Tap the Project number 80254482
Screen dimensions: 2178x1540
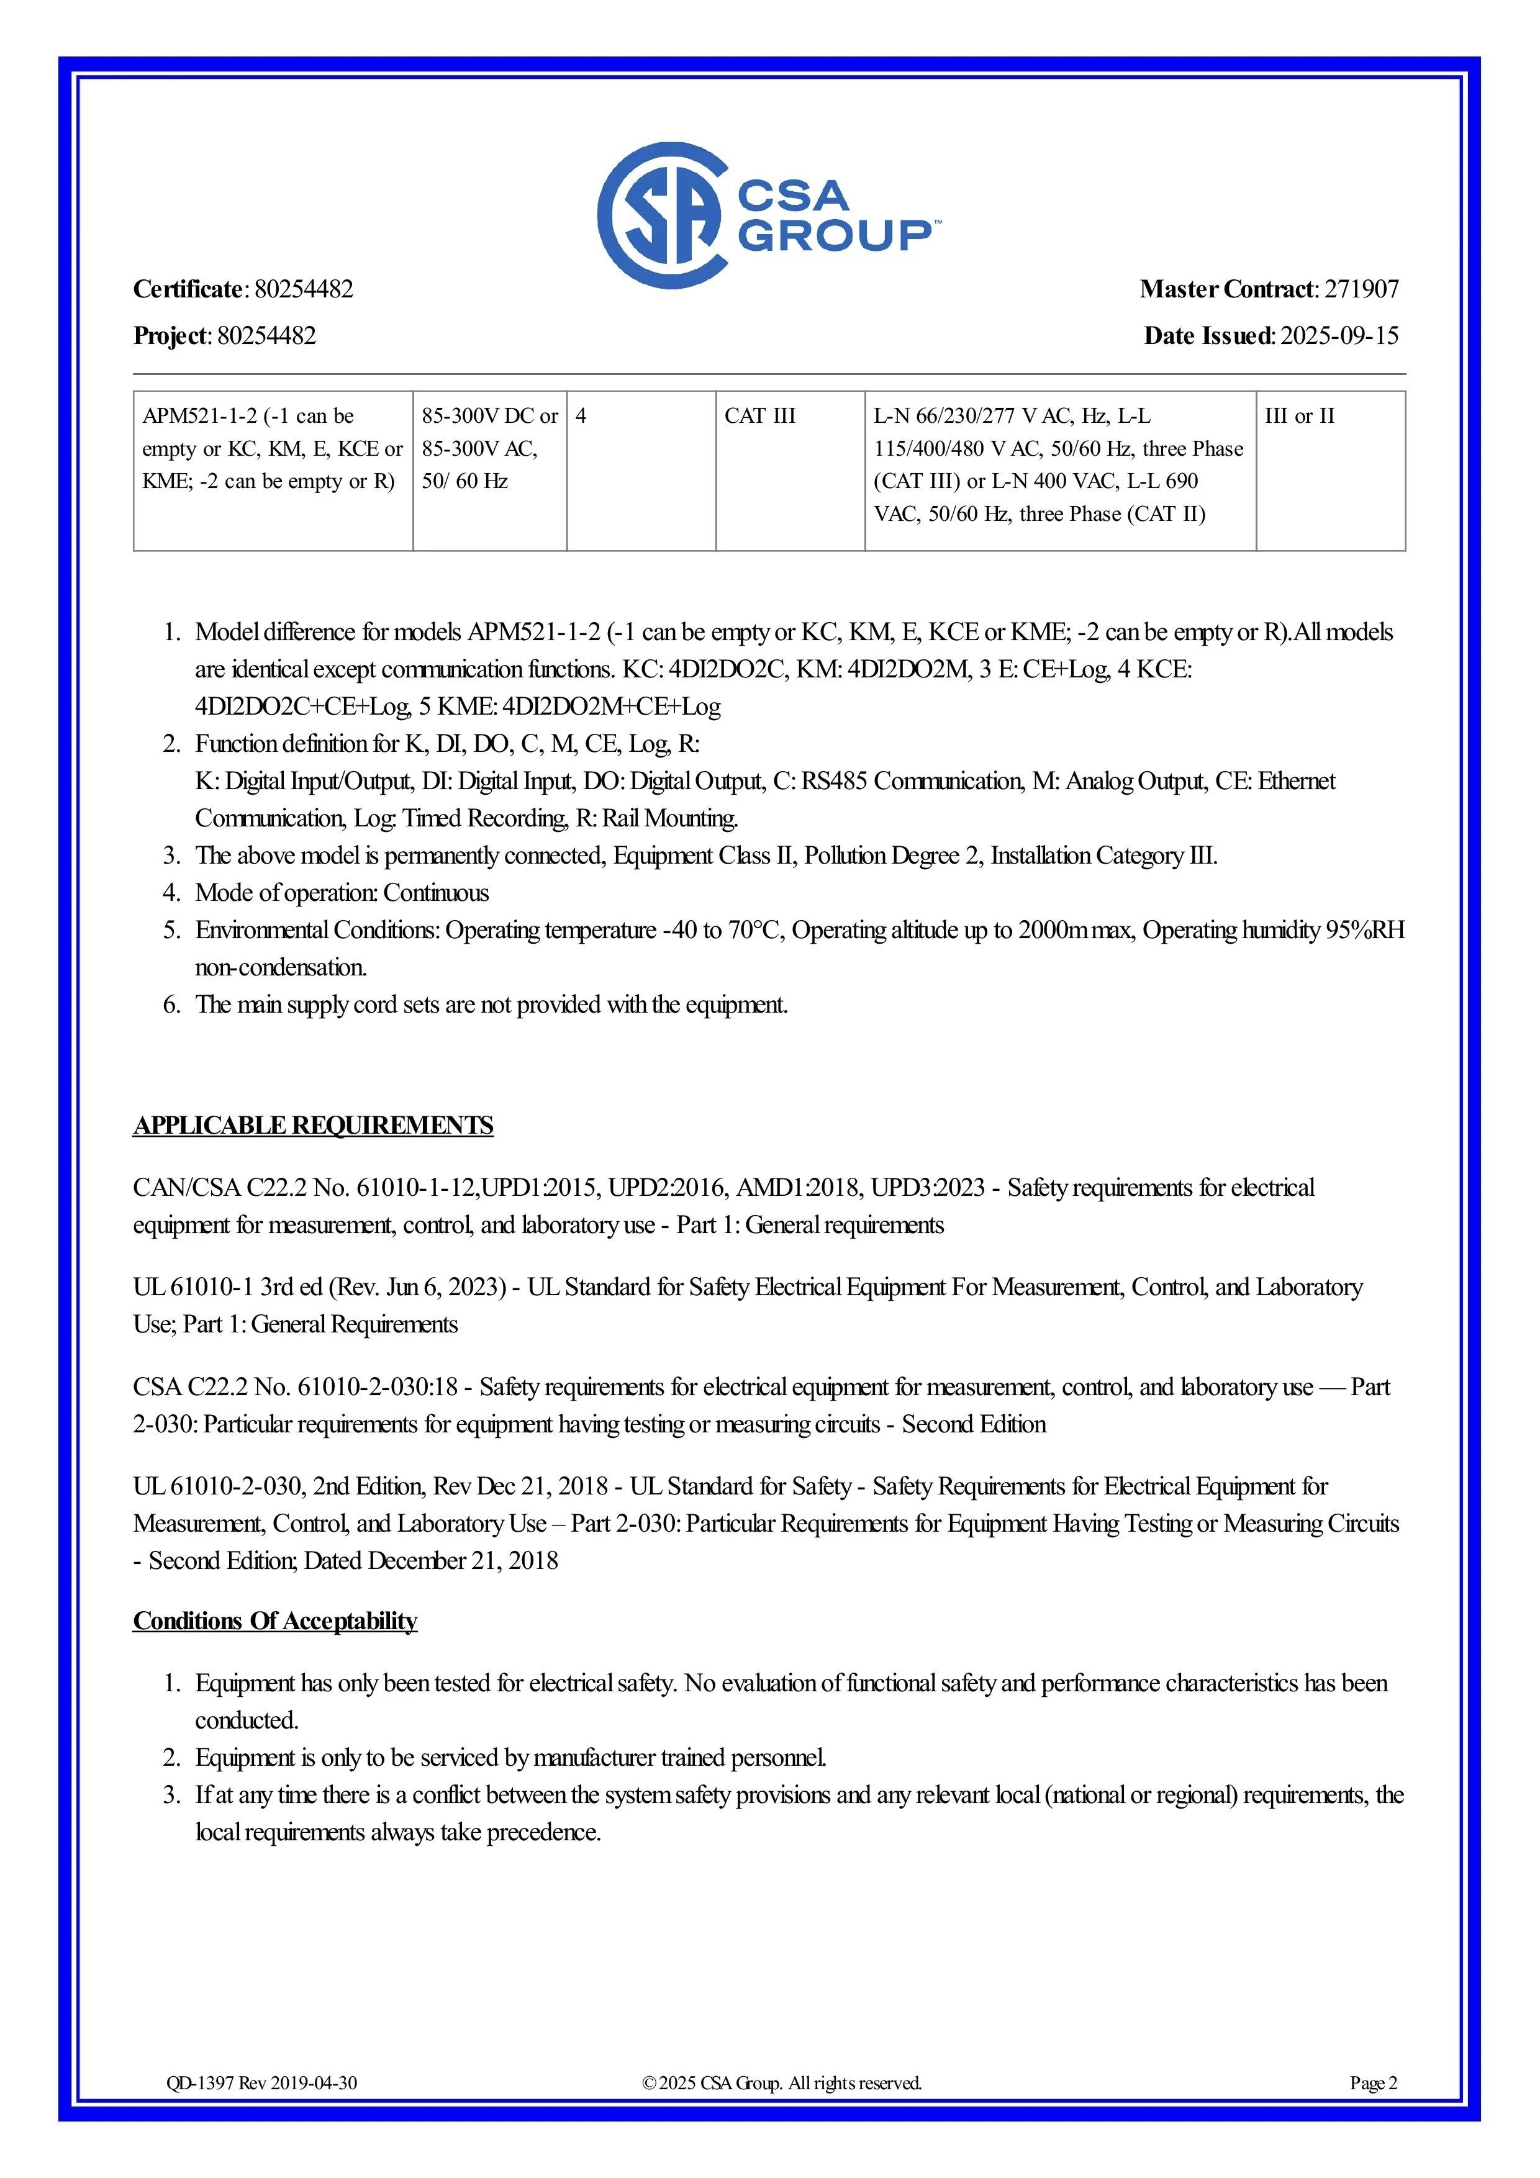(266, 336)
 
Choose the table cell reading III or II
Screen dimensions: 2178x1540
(1299, 417)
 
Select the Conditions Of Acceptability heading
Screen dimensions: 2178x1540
(275, 1620)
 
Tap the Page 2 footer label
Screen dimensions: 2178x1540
(1373, 2083)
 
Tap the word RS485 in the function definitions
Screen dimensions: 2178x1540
(834, 782)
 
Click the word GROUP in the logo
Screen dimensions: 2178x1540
(835, 236)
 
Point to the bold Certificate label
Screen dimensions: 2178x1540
(189, 289)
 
